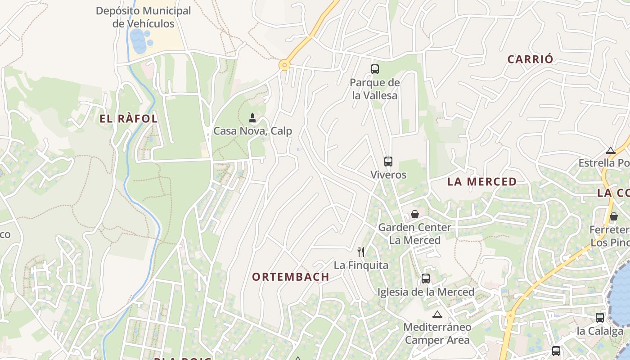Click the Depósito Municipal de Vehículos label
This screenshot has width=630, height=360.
coord(143,17)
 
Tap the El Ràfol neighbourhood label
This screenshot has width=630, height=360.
coord(129,119)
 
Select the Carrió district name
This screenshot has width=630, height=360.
coord(530,59)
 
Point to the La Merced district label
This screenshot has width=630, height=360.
coord(481,182)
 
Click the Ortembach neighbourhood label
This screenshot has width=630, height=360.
coord(290,277)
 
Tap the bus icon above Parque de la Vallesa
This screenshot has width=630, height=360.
coord(375,69)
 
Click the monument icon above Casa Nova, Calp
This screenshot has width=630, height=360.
coord(252,118)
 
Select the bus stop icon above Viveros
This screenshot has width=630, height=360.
coord(388,162)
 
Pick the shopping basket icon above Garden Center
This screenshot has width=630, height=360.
coord(415,214)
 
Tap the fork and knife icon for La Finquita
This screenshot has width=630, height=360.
coord(360,252)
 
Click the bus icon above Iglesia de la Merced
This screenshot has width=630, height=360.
coord(426,279)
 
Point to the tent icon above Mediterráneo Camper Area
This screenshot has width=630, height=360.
coord(437,314)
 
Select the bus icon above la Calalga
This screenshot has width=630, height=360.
coord(600,318)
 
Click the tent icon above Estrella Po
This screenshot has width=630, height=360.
coord(611,150)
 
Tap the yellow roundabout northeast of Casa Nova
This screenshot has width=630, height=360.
coord(284,65)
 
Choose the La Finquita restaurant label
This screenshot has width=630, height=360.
coord(361,265)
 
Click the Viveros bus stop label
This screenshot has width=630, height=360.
coord(388,175)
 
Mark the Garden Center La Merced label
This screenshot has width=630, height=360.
coord(414,234)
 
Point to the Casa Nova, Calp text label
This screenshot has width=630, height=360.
coord(252,131)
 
